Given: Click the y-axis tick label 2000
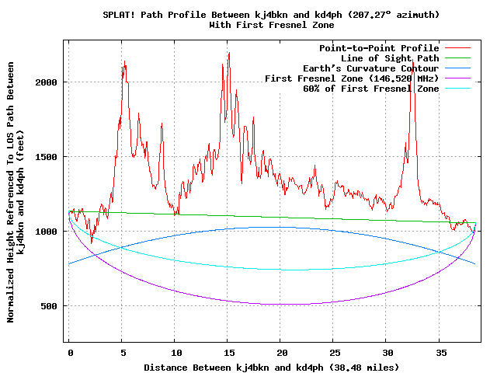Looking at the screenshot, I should click(x=47, y=82).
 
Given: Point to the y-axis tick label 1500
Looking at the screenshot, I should click(x=47, y=157).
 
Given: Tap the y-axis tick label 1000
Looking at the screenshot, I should click(x=47, y=232).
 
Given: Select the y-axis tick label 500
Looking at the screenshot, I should click(x=50, y=306).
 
